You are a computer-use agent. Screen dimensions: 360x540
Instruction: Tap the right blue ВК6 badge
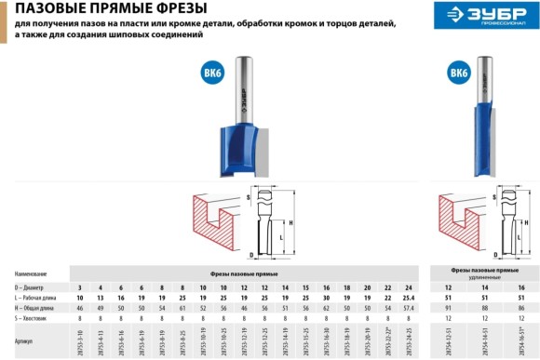459,73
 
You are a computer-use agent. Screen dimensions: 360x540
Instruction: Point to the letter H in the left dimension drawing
291,223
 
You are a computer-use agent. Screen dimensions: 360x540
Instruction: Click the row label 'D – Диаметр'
34,287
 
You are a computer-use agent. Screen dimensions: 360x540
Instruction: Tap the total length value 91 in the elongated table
450,307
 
